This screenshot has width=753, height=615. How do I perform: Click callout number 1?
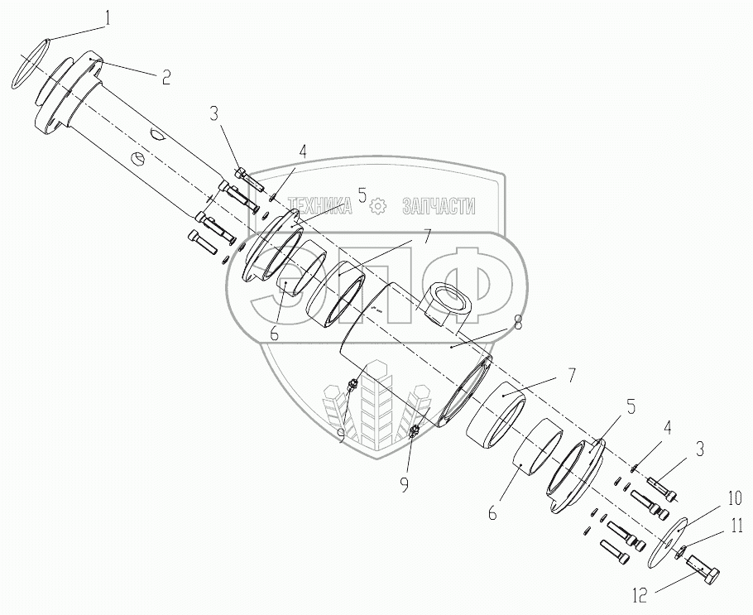pos(108,18)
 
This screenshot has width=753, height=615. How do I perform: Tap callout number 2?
pos(165,77)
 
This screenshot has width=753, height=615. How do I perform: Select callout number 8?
pos(517,323)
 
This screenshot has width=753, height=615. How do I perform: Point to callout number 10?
pos(736,498)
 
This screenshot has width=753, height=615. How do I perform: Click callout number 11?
pos(736,526)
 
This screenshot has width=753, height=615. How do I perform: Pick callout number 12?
pos(640,596)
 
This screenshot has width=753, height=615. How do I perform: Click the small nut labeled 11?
pos(679,554)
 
